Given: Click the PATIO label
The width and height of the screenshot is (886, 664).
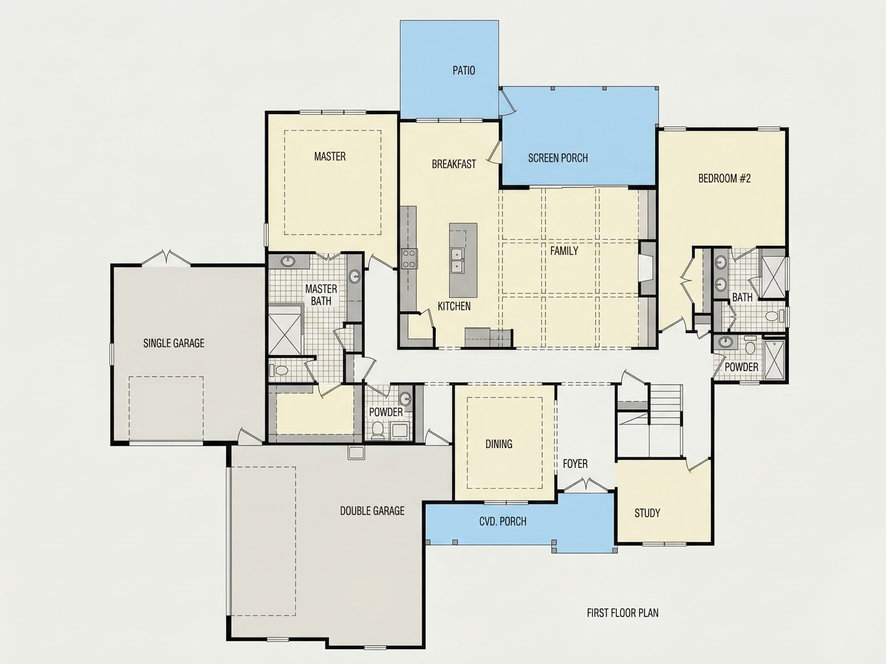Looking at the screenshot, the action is coord(464,70).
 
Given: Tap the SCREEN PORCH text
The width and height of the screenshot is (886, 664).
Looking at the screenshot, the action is coord(558,158).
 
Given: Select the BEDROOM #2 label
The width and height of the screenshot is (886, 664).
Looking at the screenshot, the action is coord(724,179).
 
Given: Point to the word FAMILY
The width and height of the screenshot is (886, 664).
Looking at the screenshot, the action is coord(564,251).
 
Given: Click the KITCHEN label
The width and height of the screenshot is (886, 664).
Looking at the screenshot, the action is coord(454,306).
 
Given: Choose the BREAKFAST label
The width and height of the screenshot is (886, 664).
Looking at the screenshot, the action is coord(454,164).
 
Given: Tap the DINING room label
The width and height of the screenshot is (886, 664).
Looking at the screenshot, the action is coord(499,444).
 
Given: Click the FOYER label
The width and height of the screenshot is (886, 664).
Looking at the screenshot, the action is coord(575,464).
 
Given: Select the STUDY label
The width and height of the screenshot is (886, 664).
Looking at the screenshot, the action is coord(647,513).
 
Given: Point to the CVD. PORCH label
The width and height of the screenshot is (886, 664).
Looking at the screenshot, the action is coord(503,521).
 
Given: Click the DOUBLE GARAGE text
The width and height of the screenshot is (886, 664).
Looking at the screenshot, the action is coord(372,511).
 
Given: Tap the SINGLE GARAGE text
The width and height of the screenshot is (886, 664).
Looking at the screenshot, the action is coord(174,343).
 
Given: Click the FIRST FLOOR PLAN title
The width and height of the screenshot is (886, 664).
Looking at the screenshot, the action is coord(623,613).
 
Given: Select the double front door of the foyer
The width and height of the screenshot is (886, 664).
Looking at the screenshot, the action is coord(586,484).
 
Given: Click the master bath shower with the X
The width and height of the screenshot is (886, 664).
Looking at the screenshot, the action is coord(285,335).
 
